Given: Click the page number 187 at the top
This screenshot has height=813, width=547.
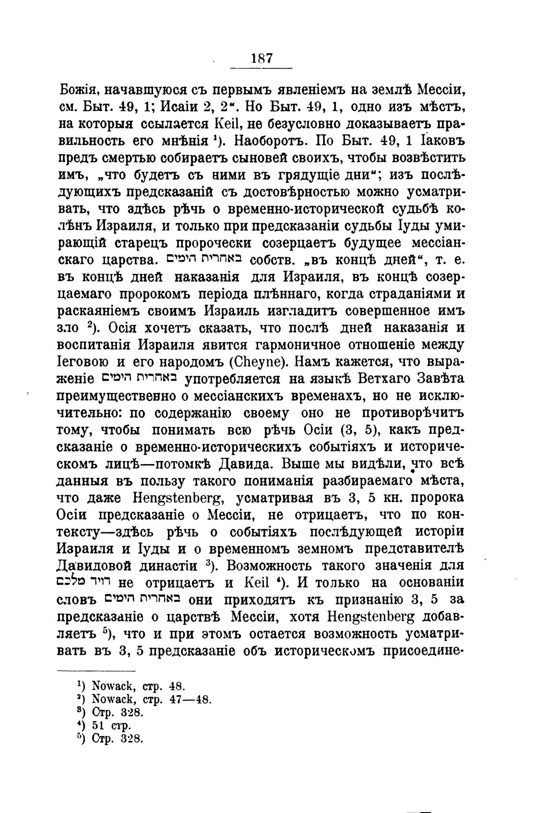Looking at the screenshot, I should [262, 59].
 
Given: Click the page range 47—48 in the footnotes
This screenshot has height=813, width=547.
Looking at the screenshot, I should [190, 699].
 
